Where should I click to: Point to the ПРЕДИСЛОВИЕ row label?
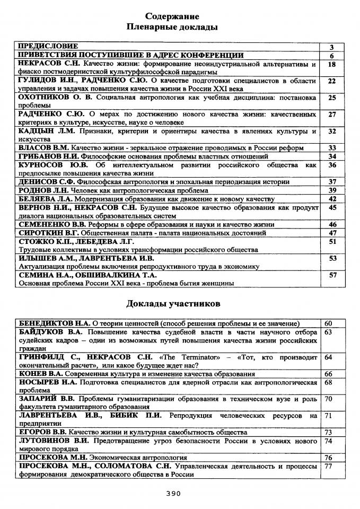point(48,47)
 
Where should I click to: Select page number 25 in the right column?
point(332,98)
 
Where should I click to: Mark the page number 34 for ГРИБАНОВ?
point(332,156)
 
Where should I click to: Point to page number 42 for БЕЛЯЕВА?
point(332,199)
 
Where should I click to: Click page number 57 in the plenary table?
point(332,275)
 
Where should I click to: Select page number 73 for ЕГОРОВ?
point(328,433)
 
